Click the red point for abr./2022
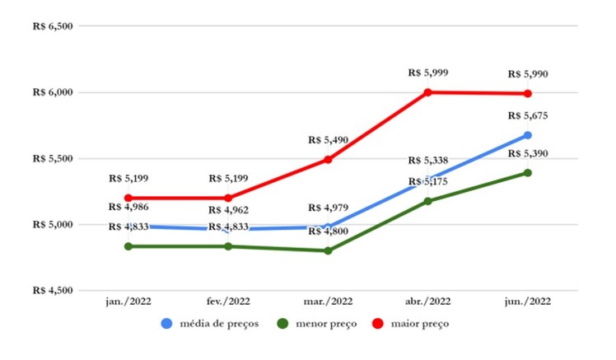coord(427,92)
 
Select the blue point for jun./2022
coord(527,135)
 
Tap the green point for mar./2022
coord(328,250)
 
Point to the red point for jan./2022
coord(128,198)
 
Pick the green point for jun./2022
coord(527,173)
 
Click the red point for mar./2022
coord(328,160)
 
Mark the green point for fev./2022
coord(227,246)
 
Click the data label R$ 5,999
coord(427,73)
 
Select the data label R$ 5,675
coord(527,115)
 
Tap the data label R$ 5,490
coord(328,140)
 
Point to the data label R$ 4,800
coord(328,232)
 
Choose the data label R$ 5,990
coord(527,74)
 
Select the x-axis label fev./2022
coord(227,302)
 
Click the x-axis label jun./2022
coord(527,302)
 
